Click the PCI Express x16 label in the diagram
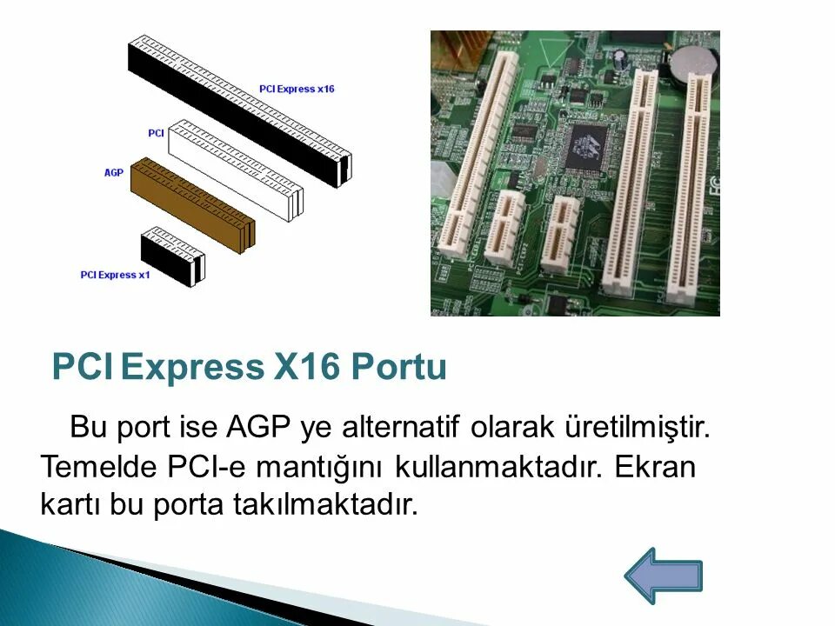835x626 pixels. (x=297, y=89)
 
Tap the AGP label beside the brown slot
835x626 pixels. (x=113, y=173)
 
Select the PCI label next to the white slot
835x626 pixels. (x=156, y=132)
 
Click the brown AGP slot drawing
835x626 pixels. (x=191, y=204)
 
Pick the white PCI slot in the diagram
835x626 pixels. (x=235, y=170)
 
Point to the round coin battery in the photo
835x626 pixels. (x=692, y=59)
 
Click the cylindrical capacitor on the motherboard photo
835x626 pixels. (x=620, y=58)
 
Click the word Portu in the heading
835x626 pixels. (x=399, y=368)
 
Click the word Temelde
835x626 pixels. (x=98, y=467)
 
